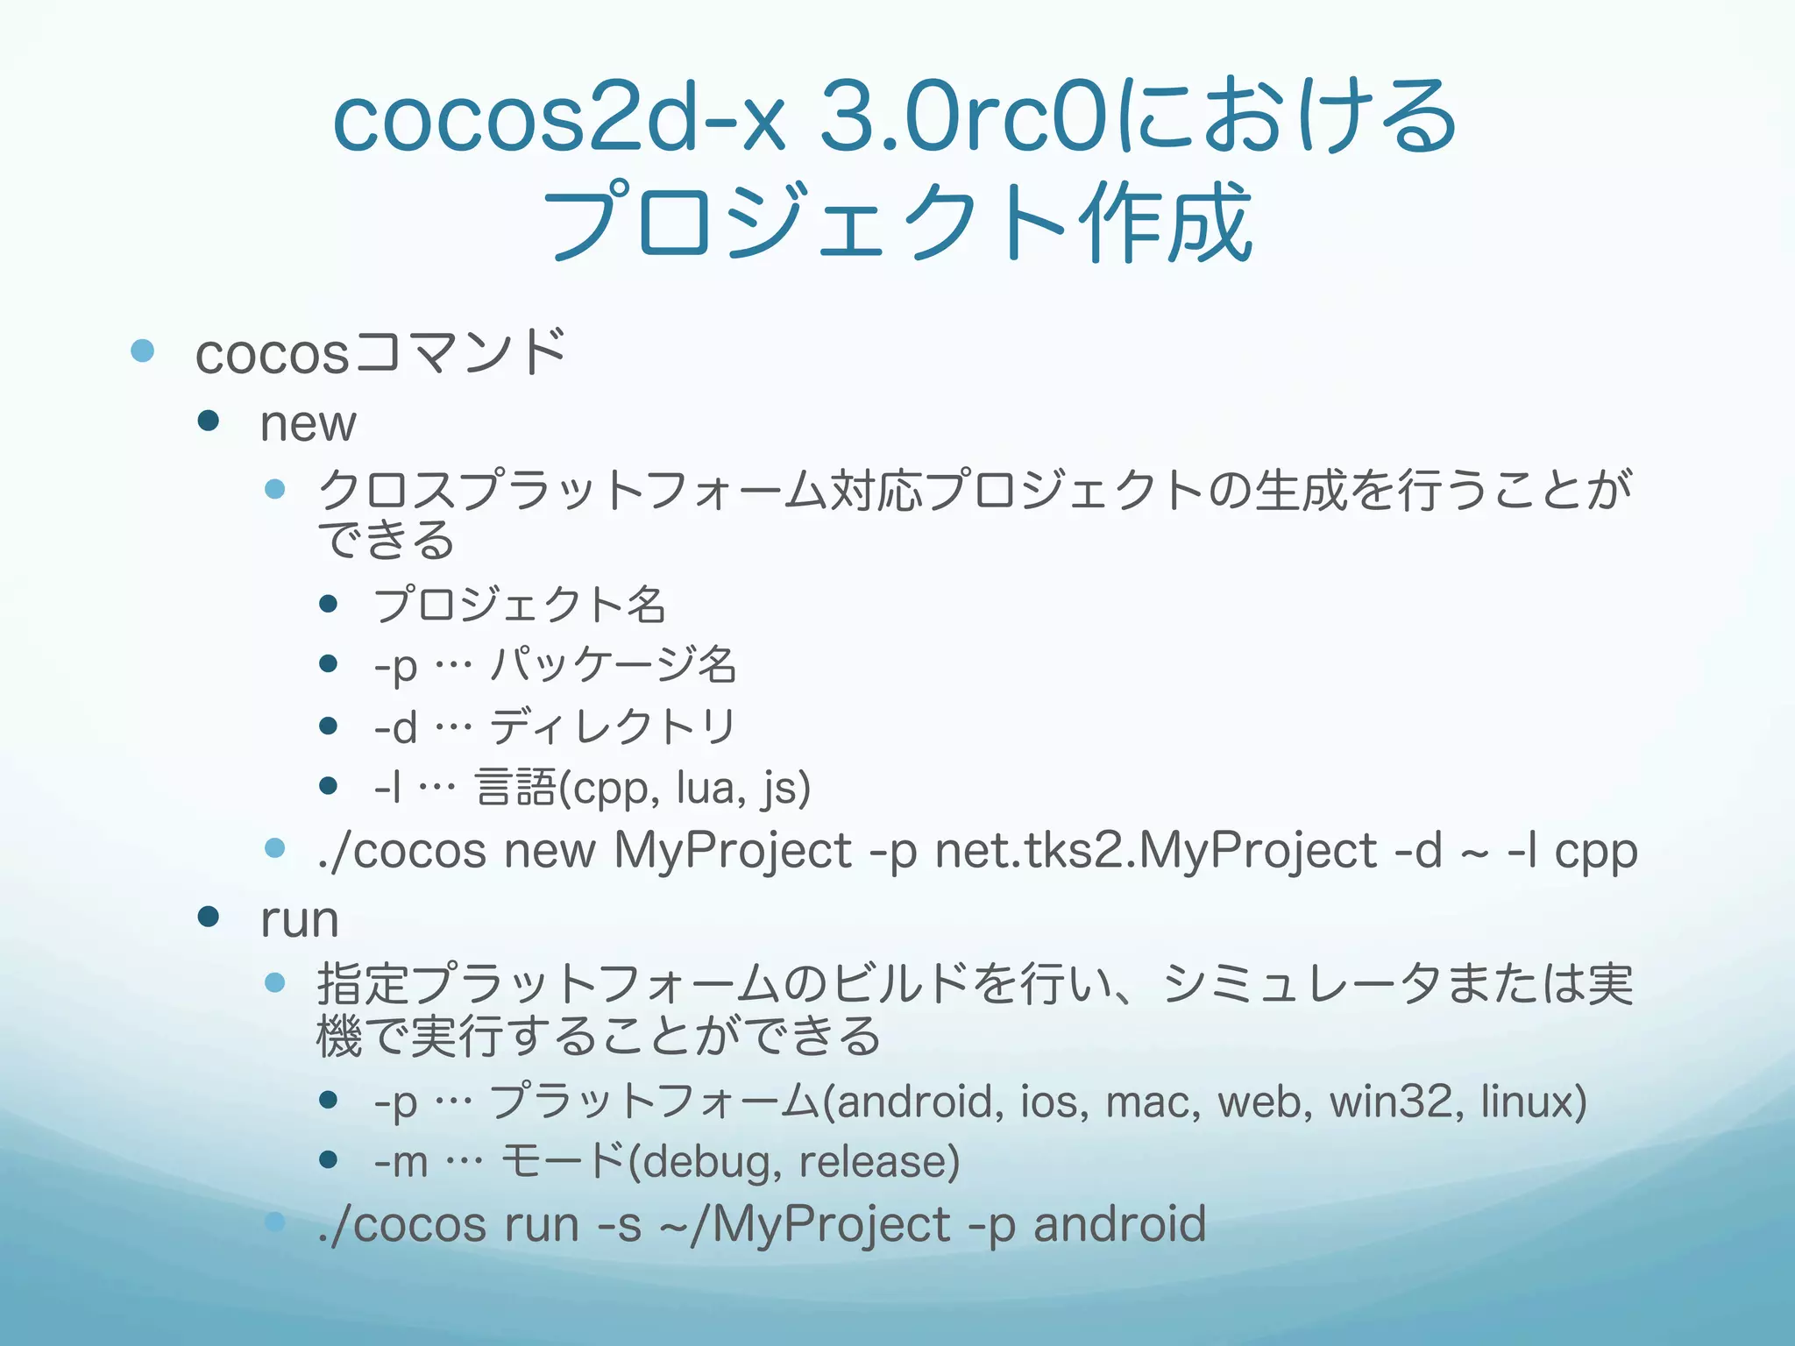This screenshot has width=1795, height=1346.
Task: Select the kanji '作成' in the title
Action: click(x=1166, y=223)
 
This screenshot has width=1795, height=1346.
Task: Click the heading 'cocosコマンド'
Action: click(x=381, y=353)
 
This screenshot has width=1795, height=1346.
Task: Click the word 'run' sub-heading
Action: click(x=299, y=919)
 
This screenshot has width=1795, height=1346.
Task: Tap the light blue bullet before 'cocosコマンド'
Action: click(x=142, y=351)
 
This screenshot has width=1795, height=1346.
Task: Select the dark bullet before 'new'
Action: click(x=208, y=422)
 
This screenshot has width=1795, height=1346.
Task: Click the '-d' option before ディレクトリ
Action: click(x=395, y=727)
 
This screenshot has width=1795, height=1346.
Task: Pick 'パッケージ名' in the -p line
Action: click(x=613, y=664)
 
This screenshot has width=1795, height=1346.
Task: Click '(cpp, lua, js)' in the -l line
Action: click(x=684, y=787)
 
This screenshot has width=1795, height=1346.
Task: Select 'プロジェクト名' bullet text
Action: click(x=520, y=604)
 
